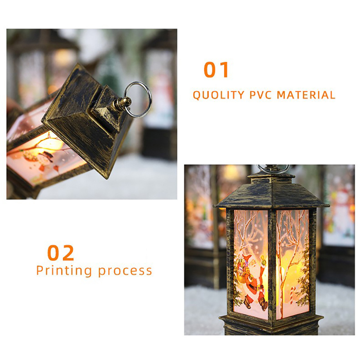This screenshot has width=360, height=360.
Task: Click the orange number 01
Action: [216, 70]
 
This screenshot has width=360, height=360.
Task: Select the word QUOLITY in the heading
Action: [219, 95]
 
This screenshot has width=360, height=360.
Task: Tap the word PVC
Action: [261, 95]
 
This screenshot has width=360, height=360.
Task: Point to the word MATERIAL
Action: [306, 95]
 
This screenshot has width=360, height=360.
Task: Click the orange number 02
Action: [61, 253]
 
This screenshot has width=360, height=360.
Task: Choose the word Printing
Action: [64, 271]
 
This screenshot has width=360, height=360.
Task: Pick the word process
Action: [125, 271]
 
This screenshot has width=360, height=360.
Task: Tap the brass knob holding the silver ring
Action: [122, 103]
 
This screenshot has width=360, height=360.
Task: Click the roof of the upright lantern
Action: [271, 193]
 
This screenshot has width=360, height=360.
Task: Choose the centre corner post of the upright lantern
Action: [272, 264]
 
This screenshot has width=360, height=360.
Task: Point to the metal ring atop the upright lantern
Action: [274, 169]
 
